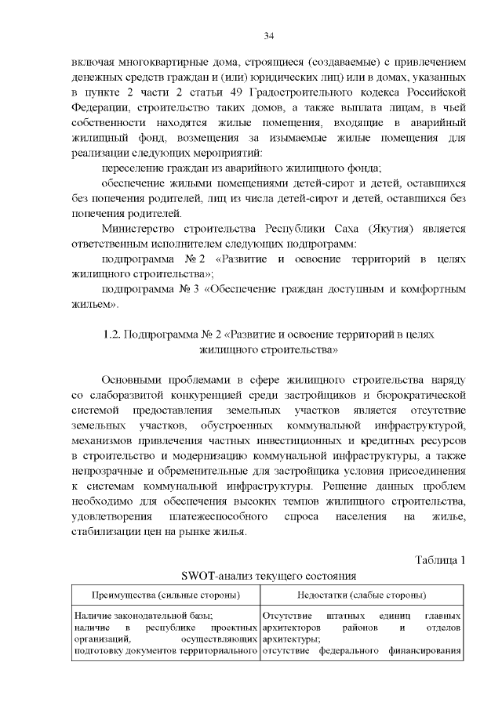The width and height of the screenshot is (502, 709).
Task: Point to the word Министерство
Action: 142,229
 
